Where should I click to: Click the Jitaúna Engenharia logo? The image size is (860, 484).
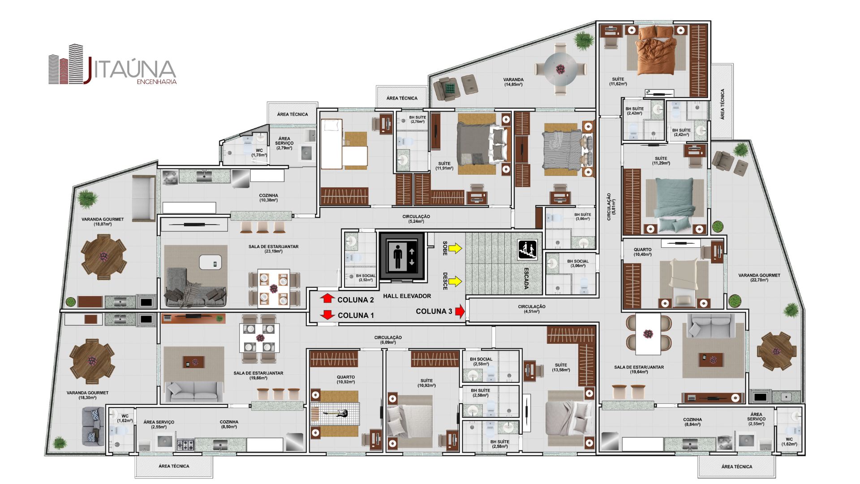(x=112, y=65)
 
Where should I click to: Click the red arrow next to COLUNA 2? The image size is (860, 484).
(x=328, y=299)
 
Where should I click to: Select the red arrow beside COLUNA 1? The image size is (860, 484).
(x=328, y=315)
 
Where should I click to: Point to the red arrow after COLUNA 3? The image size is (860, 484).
(x=460, y=311)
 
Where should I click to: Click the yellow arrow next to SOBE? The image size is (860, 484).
(x=456, y=248)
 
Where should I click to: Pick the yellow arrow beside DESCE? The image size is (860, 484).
(x=456, y=281)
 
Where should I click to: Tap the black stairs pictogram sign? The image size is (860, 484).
(x=527, y=250)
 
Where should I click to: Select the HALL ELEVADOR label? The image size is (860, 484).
(x=407, y=296)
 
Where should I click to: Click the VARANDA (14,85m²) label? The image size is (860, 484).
(x=513, y=82)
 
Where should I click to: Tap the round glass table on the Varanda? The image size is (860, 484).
(x=560, y=69)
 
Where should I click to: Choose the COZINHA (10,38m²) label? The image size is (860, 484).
(x=268, y=198)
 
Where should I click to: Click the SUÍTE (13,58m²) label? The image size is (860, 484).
(x=561, y=367)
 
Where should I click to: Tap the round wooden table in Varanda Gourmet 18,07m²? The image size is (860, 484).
(x=103, y=257)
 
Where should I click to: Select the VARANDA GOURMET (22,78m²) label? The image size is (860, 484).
(x=759, y=277)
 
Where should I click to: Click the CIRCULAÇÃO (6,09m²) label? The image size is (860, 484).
(x=388, y=340)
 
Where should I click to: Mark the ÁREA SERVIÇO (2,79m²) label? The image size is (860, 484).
(x=284, y=143)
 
